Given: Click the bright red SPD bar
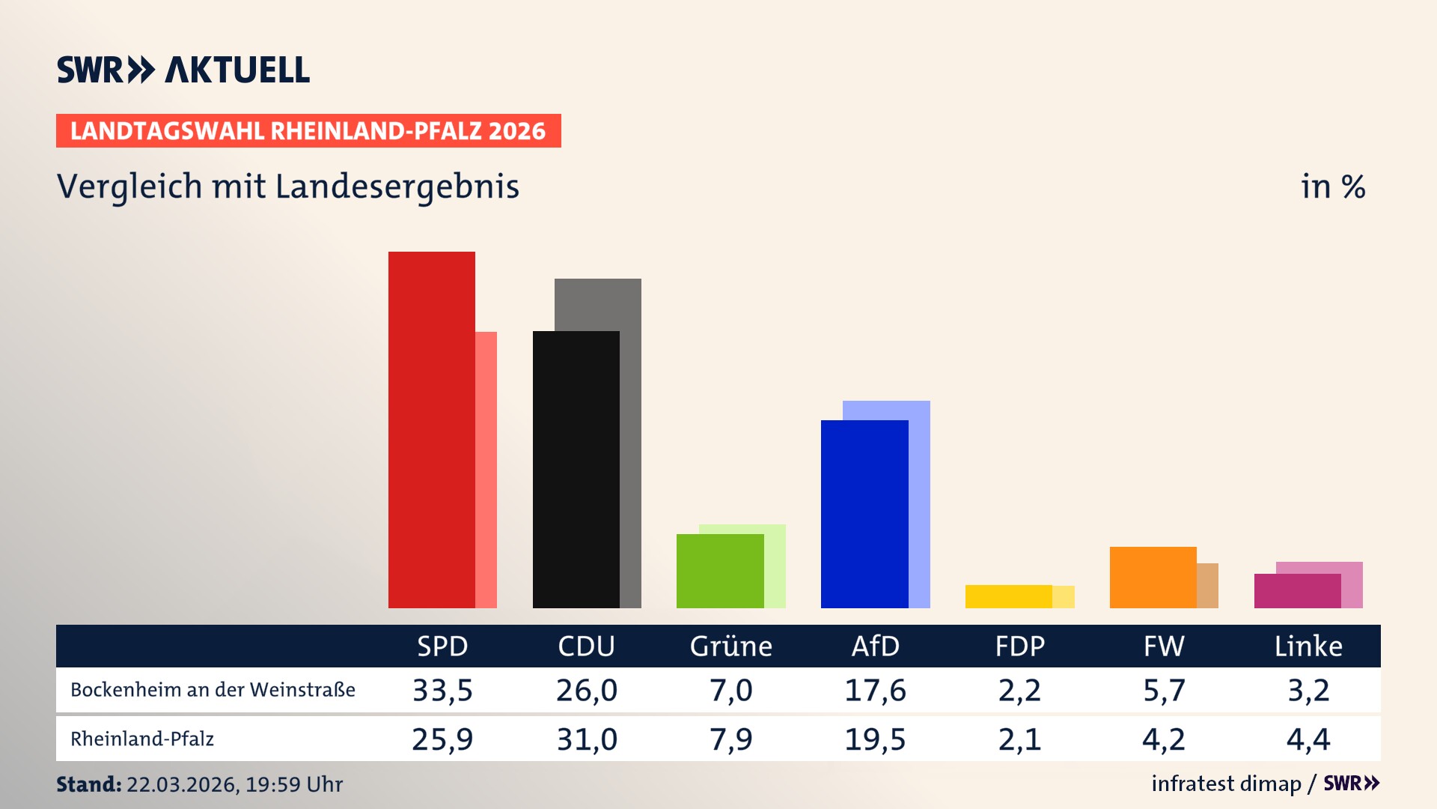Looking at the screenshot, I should (x=431, y=430).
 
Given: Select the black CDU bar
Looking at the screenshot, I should (x=576, y=470).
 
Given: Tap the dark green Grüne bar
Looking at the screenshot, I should (x=719, y=571).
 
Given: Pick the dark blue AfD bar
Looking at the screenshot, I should (x=864, y=514).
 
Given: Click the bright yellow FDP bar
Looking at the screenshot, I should (x=1008, y=596).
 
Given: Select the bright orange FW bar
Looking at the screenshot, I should (x=1153, y=578).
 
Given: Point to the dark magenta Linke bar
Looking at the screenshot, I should (x=1297, y=591).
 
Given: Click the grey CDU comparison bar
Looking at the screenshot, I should (x=630, y=442).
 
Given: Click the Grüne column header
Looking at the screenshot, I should (x=730, y=646).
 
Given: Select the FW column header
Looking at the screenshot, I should (x=1164, y=646).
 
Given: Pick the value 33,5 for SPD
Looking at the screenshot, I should (x=442, y=690).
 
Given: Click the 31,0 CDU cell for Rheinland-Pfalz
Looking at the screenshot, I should (x=587, y=739).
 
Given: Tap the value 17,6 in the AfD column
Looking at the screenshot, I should (x=875, y=690).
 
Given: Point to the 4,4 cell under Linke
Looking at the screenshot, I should (x=1308, y=739).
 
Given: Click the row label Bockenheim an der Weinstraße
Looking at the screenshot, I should (x=213, y=690).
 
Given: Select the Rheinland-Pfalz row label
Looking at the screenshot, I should (x=142, y=739).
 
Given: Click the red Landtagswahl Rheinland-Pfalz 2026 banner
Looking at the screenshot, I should (x=308, y=131).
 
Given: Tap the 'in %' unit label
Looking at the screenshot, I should (x=1332, y=187).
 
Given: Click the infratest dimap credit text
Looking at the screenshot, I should (x=1226, y=784).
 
